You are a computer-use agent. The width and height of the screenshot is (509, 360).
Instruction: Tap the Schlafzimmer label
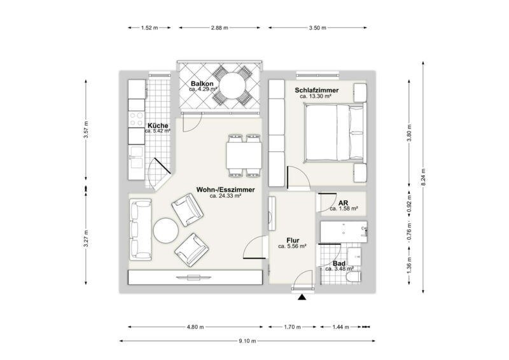[x=316, y=90]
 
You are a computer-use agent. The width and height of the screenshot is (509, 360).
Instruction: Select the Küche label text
[x=158, y=126]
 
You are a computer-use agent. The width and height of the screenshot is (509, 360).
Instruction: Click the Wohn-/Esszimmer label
[x=225, y=190]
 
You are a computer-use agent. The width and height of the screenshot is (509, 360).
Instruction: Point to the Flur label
[x=293, y=240]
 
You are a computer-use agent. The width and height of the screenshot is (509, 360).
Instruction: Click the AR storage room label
[x=343, y=203]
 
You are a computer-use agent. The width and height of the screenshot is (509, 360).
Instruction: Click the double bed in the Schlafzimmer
[x=335, y=133]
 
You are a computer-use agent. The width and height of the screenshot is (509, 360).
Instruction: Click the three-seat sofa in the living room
[x=141, y=230]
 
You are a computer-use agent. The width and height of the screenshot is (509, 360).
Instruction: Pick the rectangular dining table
[x=244, y=155]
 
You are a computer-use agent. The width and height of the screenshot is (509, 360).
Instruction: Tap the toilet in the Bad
[x=354, y=277]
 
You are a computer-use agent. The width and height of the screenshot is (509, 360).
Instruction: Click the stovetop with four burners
[x=136, y=119]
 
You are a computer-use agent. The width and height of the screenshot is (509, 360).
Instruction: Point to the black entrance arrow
[x=302, y=297]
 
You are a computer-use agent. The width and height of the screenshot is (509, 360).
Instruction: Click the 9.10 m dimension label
[x=248, y=341]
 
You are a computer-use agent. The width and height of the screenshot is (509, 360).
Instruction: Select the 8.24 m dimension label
[x=423, y=177]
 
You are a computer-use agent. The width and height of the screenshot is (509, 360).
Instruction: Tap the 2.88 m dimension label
[x=220, y=28]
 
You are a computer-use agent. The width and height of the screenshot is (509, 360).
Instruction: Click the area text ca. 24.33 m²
[x=225, y=196]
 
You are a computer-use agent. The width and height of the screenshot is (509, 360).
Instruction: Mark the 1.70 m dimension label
[x=293, y=327]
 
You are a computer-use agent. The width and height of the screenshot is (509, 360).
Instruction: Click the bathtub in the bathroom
[x=344, y=232]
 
